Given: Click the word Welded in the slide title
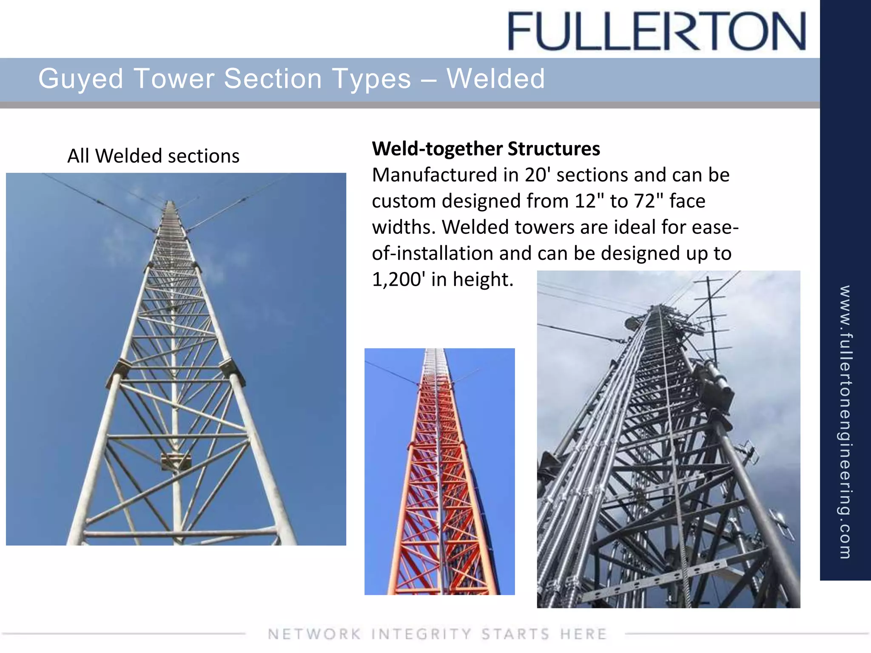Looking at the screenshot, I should [x=495, y=79].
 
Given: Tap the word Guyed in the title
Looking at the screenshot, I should [x=81, y=79].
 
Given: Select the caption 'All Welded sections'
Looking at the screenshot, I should [x=153, y=156].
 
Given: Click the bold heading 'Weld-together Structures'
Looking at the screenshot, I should [x=486, y=149].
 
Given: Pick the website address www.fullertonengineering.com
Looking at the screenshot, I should [x=845, y=421].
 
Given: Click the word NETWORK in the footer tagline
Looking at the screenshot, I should [x=314, y=634].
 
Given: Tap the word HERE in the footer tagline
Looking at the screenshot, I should [x=583, y=634].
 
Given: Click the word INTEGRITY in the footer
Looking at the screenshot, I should [x=421, y=634].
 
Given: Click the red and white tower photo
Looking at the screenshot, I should [x=439, y=471].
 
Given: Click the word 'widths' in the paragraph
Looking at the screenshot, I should [x=404, y=227].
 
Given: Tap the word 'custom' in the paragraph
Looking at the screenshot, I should [x=404, y=201].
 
